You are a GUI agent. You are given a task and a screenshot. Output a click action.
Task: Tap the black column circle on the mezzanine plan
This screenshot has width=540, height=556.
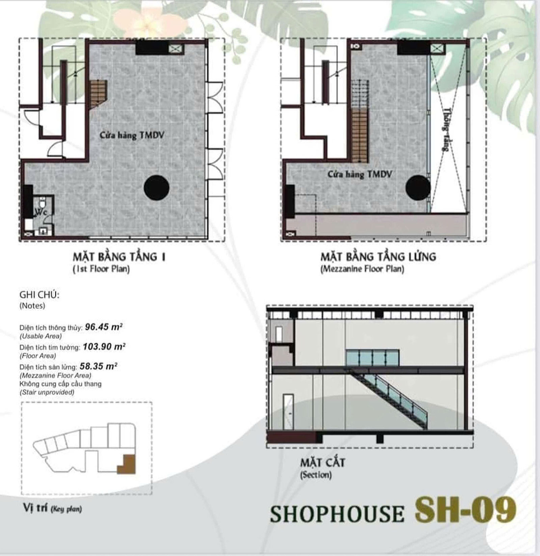[x=418, y=188]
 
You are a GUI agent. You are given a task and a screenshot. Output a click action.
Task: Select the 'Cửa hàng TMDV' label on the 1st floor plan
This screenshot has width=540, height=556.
[x=132, y=135]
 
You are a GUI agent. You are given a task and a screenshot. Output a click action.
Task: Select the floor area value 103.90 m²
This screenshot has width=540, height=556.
[x=104, y=346]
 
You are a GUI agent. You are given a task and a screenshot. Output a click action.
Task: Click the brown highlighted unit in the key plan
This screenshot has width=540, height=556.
[x=128, y=465]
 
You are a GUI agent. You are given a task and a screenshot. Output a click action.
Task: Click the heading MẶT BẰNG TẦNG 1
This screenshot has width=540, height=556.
[x=119, y=257]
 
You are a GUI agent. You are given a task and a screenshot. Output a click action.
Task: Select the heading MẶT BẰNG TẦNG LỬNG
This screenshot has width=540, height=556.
[x=378, y=257]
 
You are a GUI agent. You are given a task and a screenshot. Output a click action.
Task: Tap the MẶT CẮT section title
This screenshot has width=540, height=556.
[x=323, y=462]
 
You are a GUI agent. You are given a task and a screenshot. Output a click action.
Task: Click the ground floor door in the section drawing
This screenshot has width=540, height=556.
[x=289, y=412]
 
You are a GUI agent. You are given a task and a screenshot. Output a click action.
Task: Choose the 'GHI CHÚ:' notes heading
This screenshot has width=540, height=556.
[x=39, y=295]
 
